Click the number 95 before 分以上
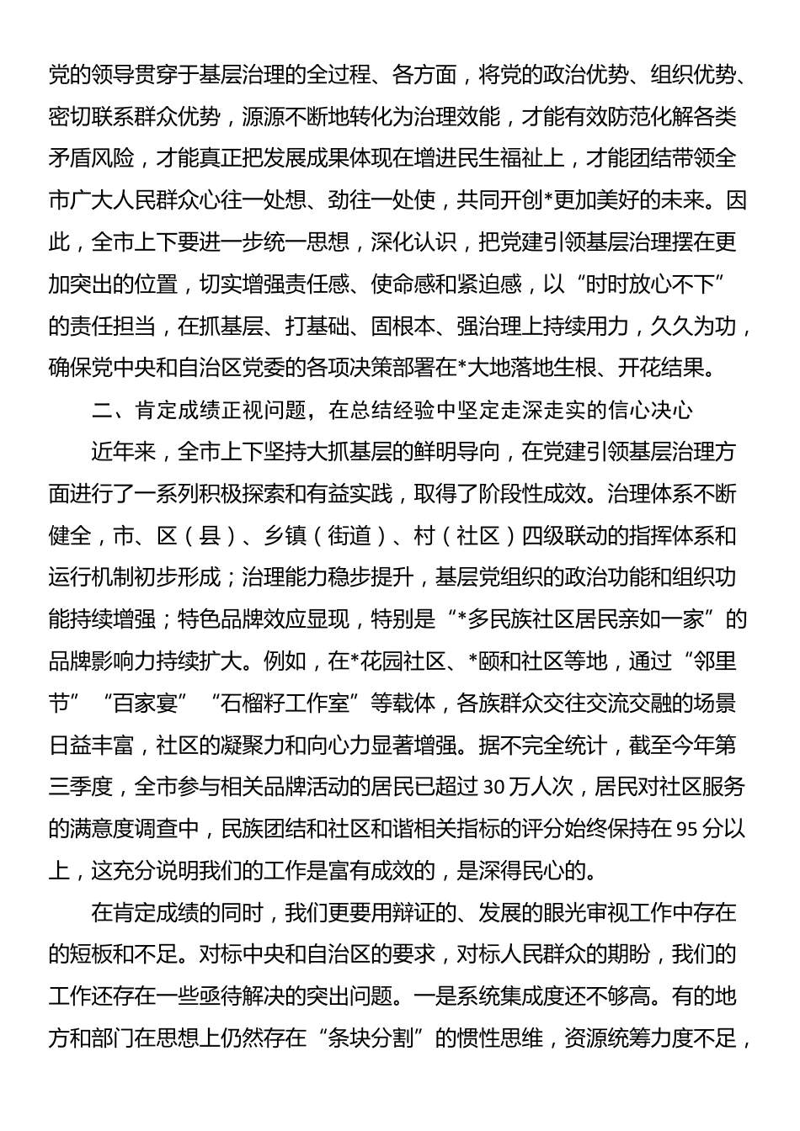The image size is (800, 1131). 685,829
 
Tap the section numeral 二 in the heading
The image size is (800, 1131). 104,410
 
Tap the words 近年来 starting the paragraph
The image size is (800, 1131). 125,452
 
